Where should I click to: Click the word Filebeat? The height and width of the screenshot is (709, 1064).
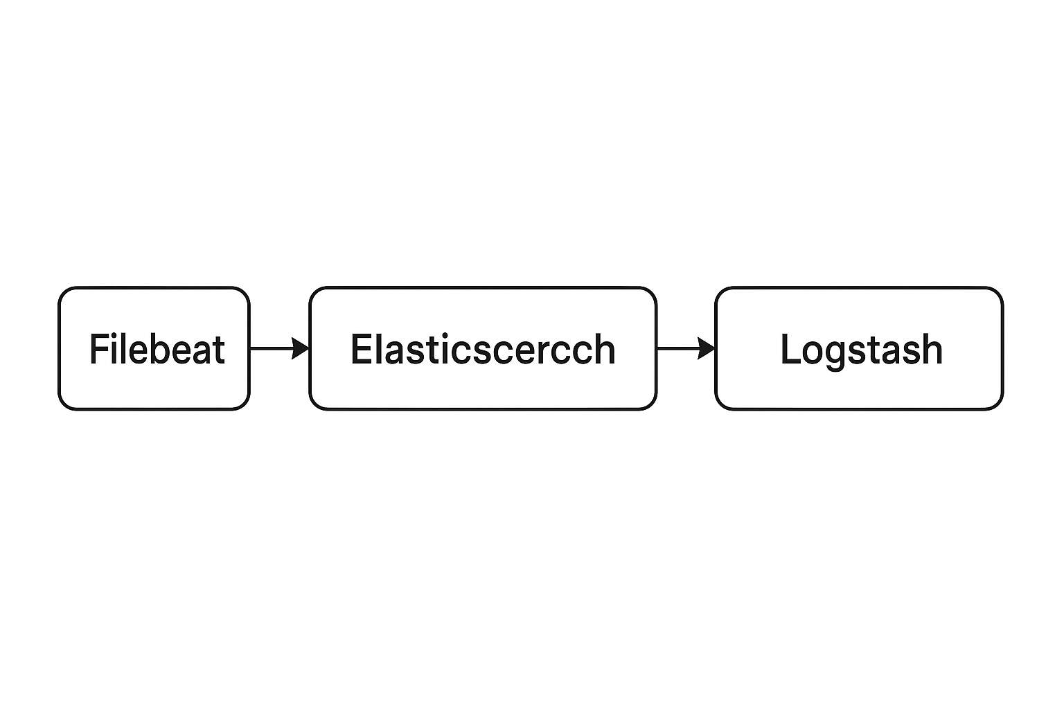[x=157, y=349]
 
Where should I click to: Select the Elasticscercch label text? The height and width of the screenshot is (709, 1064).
[x=483, y=349]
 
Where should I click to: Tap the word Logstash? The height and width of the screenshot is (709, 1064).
[x=861, y=350]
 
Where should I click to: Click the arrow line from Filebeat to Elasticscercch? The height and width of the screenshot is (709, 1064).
[x=279, y=348]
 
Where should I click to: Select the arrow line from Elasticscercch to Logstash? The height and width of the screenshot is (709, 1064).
[x=686, y=348]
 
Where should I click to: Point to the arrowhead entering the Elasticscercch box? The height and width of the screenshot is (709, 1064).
[x=300, y=348]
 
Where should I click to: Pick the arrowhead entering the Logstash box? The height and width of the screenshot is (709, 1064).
[x=707, y=348]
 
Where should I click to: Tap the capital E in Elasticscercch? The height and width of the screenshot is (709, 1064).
[x=360, y=349]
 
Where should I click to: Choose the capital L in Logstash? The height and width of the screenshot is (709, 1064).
[x=790, y=349]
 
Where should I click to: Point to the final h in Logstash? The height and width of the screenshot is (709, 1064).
[x=932, y=349]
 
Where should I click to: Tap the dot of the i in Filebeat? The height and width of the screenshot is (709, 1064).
[x=115, y=336]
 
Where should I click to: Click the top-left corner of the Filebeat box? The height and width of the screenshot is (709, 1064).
[x=59, y=287]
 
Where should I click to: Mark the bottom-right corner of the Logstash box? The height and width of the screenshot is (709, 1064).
[x=1003, y=409]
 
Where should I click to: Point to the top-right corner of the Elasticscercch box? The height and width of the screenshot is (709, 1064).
[x=657, y=287]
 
